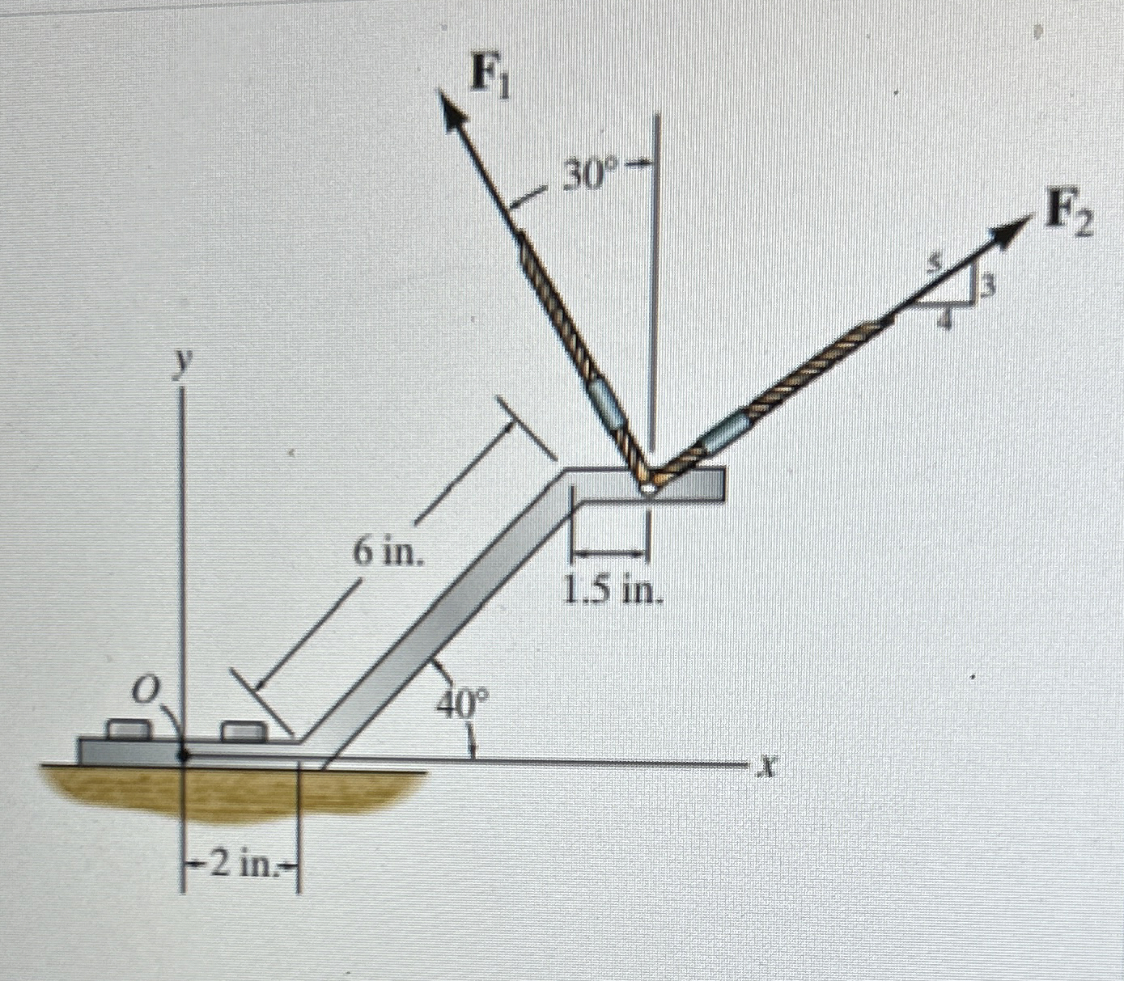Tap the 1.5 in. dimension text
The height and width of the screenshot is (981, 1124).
[613, 593]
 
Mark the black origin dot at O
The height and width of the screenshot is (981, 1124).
[185, 755]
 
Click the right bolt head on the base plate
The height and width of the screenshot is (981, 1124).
[244, 731]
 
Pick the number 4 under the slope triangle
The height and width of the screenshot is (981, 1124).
[952, 319]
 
